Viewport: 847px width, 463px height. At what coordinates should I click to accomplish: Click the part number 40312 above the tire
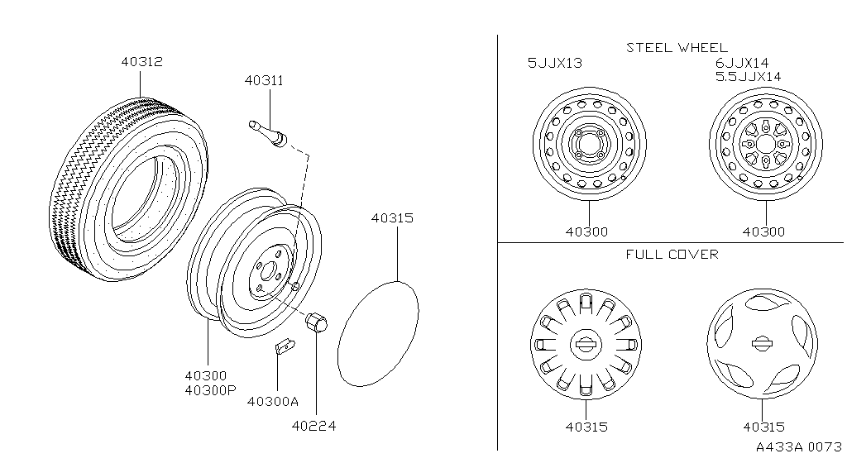[x=141, y=61]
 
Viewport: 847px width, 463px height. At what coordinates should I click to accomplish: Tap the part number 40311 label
[x=264, y=80]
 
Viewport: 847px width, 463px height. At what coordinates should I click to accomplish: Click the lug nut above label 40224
[x=317, y=322]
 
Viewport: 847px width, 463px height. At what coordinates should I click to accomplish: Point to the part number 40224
[x=313, y=426]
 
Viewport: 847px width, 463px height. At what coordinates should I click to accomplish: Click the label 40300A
[x=273, y=402]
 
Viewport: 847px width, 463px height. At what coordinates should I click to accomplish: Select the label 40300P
[x=211, y=390]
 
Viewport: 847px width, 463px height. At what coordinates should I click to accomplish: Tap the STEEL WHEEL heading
[x=677, y=48]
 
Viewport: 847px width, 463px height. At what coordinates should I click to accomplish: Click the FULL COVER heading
[x=672, y=254]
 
